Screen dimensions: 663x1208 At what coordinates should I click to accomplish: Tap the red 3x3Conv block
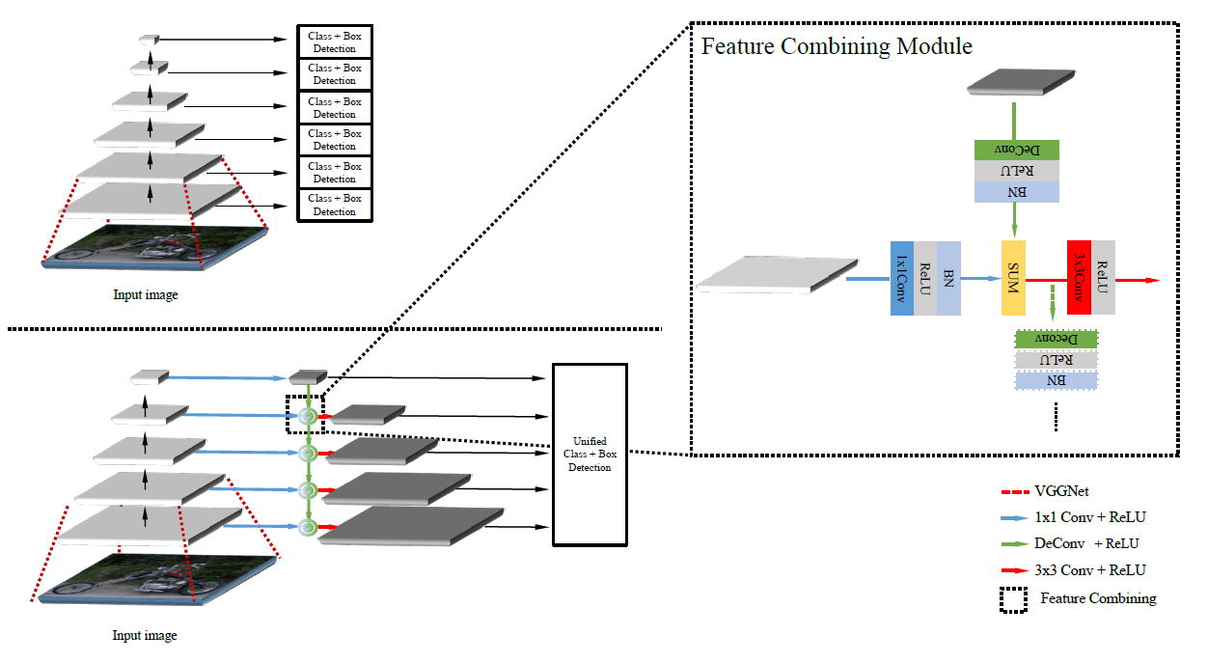click(1079, 277)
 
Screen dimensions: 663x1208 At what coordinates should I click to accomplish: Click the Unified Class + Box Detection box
click(590, 455)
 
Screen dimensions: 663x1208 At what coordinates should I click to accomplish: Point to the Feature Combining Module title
click(837, 46)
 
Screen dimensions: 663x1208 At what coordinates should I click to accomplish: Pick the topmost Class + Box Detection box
click(334, 41)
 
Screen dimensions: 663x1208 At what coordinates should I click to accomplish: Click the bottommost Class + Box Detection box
click(334, 205)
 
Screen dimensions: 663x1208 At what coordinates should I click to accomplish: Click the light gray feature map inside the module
click(778, 273)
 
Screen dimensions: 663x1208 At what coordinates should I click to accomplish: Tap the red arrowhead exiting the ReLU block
click(1151, 280)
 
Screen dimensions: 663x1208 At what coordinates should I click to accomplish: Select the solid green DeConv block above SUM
click(1017, 150)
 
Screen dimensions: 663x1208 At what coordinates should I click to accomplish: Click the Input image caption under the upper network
click(145, 295)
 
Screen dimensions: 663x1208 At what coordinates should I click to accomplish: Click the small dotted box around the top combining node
click(305, 413)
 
